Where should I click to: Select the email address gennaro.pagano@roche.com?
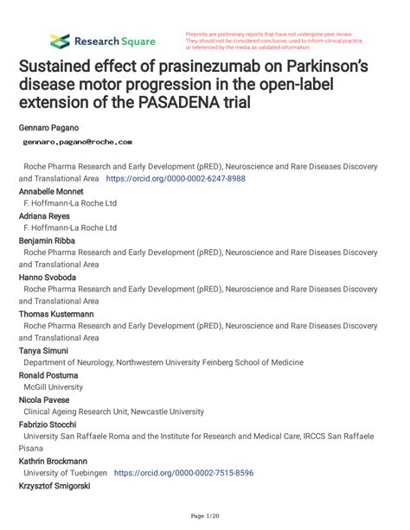[x=78, y=140]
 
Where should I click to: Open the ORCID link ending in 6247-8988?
[x=176, y=177]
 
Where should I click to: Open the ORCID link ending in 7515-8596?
[x=183, y=473]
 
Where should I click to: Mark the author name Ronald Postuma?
[x=46, y=375]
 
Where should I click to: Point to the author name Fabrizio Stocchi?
[x=48, y=425]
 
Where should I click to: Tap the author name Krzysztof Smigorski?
[x=54, y=486]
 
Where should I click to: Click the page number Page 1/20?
[x=204, y=516]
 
